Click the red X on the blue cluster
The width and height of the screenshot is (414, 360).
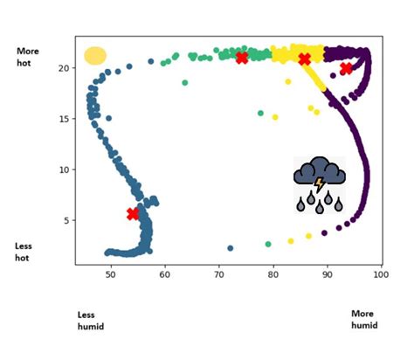[x=133, y=213]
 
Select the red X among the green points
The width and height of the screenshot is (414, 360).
[x=242, y=59]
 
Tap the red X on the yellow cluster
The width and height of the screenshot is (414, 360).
[x=305, y=59]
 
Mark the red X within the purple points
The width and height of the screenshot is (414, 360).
[x=347, y=68]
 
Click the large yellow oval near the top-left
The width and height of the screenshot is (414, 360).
[x=95, y=56]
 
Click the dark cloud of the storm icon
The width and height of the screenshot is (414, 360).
[x=320, y=172]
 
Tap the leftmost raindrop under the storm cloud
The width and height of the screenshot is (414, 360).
[x=300, y=205]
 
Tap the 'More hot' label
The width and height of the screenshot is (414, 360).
[x=28, y=58]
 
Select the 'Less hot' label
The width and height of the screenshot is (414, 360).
[x=24, y=253]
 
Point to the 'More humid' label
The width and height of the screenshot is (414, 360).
[x=364, y=319]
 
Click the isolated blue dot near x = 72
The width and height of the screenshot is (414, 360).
[x=231, y=248]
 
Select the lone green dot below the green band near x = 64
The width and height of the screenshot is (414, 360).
[x=185, y=83]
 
